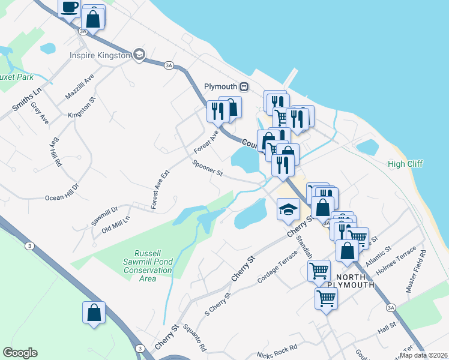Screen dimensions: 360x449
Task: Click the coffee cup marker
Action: click(70, 7)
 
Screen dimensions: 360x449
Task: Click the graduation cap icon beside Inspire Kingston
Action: click(140, 55)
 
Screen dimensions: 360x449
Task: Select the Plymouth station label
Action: click(221, 86)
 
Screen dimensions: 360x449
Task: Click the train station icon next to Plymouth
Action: click(244, 86)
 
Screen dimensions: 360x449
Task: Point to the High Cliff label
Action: click(405, 164)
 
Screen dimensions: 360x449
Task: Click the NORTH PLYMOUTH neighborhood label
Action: click(355, 281)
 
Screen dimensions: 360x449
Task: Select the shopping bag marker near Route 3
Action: click(94, 313)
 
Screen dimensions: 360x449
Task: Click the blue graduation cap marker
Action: click(288, 210)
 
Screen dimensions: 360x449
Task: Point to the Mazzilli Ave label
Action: click(80, 88)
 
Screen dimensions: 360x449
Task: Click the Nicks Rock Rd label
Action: click(277, 348)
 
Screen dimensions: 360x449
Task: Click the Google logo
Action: click(20, 353)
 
